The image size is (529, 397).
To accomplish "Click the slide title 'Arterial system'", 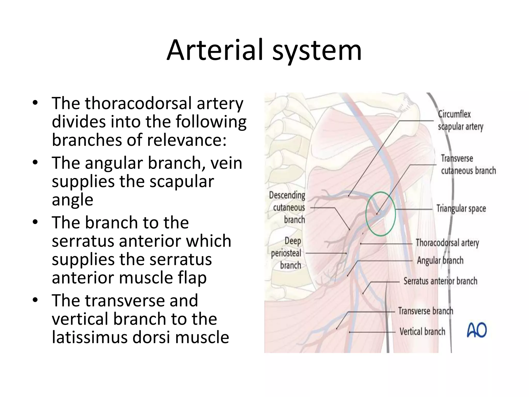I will [264, 50].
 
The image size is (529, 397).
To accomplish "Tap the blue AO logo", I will [477, 330].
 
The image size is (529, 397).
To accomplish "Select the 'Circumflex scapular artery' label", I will [460, 120].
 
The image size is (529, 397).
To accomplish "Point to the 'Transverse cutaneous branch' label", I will [468, 164].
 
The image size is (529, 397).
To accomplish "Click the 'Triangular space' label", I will [461, 209].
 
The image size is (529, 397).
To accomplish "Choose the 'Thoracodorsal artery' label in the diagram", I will [447, 243].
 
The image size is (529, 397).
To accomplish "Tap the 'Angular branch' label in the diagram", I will [440, 261].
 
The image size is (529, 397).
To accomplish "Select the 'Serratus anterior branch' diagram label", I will [440, 281].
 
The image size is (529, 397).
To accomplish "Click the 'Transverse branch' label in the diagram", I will [425, 311].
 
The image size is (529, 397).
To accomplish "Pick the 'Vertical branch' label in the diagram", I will [422, 331].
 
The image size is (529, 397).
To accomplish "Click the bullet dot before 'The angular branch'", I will [35, 163].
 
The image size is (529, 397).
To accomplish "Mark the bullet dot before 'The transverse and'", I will [35, 300].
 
